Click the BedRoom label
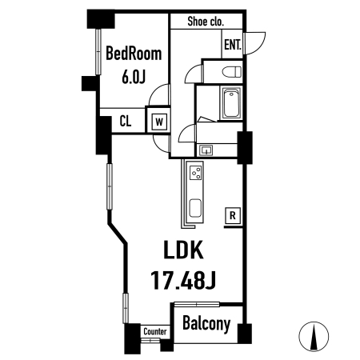pos(134,54)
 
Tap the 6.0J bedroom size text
pos(134,77)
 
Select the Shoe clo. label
pos(206,22)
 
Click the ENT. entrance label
pos(233,45)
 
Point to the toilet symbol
pos(231,72)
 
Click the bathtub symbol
pos(231,103)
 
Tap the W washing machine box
pos(159,122)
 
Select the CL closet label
pos(126,122)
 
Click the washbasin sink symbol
pos(206,150)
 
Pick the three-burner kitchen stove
pos(196,173)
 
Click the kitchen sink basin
pos(195,208)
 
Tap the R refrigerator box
pos(233,215)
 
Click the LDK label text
pos(183,250)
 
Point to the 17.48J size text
pos(183,280)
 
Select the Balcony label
pos(206,324)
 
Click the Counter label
pos(155,331)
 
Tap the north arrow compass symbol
pos(314,336)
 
